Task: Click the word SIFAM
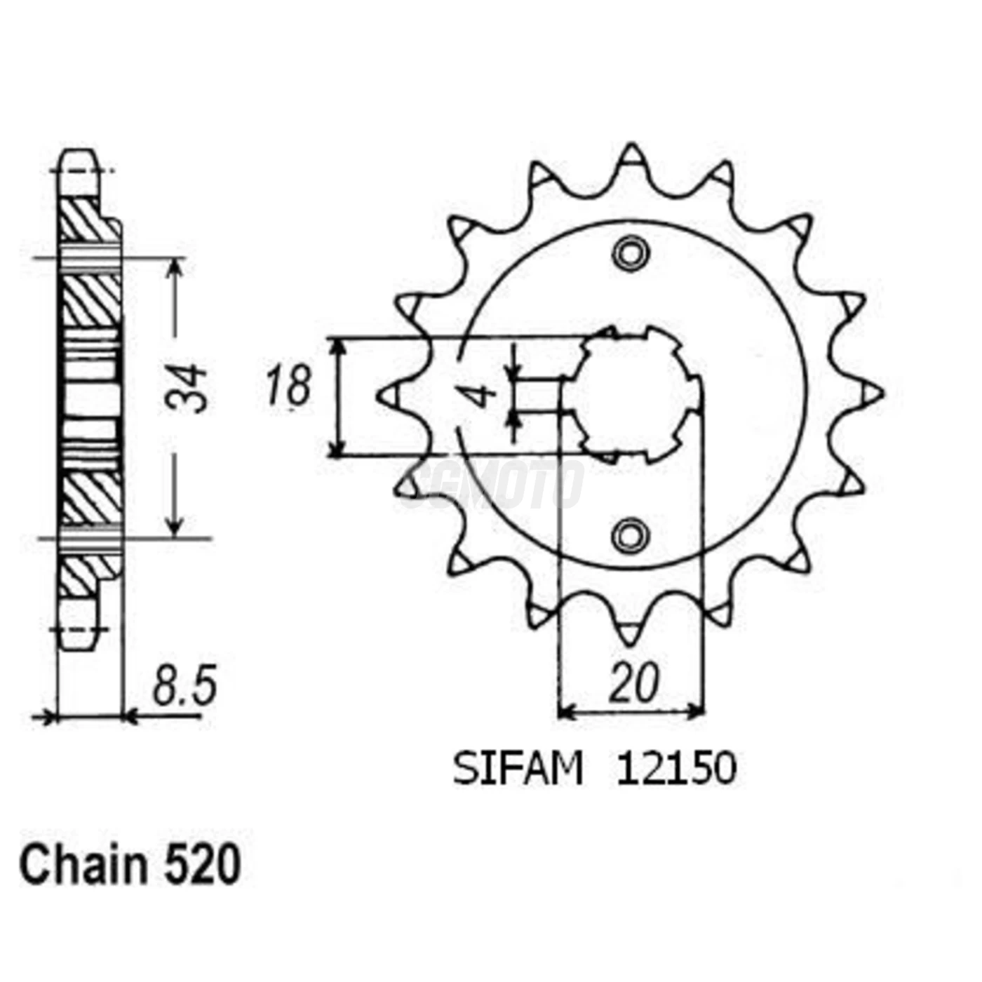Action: pos(518,769)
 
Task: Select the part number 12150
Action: pos(676,769)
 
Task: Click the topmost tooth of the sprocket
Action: pos(631,156)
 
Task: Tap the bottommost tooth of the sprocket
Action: pos(629,633)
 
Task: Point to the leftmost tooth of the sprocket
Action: pos(390,394)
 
